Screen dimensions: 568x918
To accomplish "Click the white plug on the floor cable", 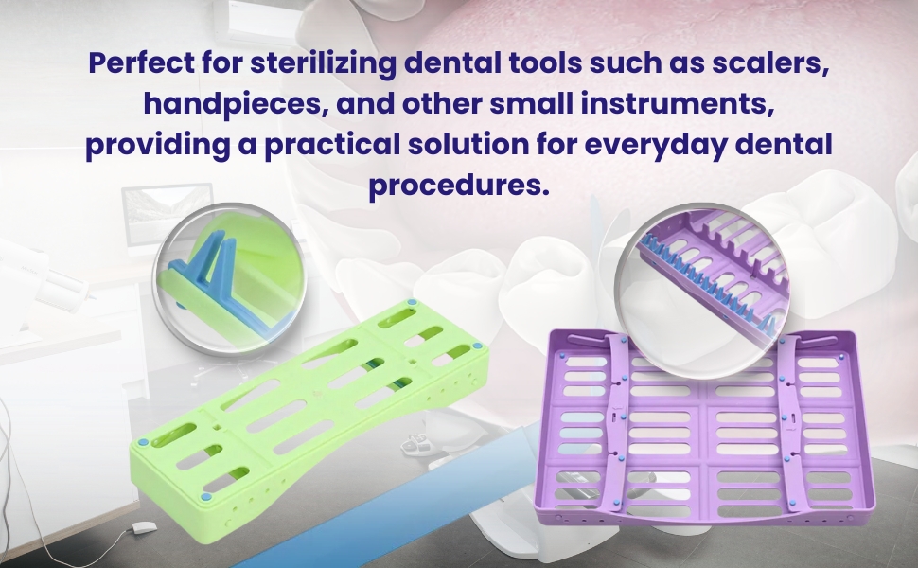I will (x=143, y=526).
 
